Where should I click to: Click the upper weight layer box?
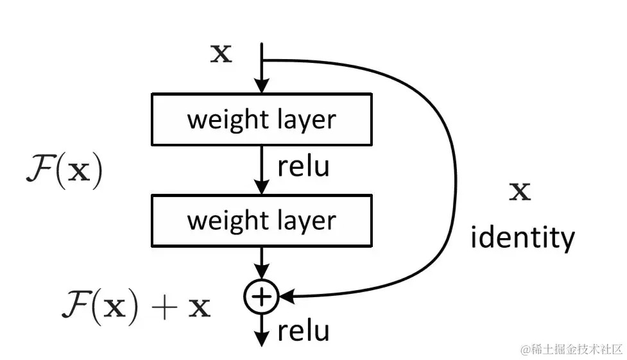click(261, 119)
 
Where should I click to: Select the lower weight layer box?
click(261, 220)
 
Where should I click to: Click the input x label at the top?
click(221, 54)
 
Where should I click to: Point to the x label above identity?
click(520, 191)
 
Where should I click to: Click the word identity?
click(522, 238)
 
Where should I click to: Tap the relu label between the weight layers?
click(304, 166)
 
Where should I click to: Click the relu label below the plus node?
click(304, 331)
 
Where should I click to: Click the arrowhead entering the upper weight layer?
click(261, 86)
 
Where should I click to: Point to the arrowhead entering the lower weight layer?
click(261, 187)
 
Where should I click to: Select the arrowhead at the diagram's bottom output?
click(261, 339)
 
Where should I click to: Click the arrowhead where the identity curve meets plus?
click(286, 296)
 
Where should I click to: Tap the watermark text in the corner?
click(571, 348)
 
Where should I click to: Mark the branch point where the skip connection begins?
click(262, 60)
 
